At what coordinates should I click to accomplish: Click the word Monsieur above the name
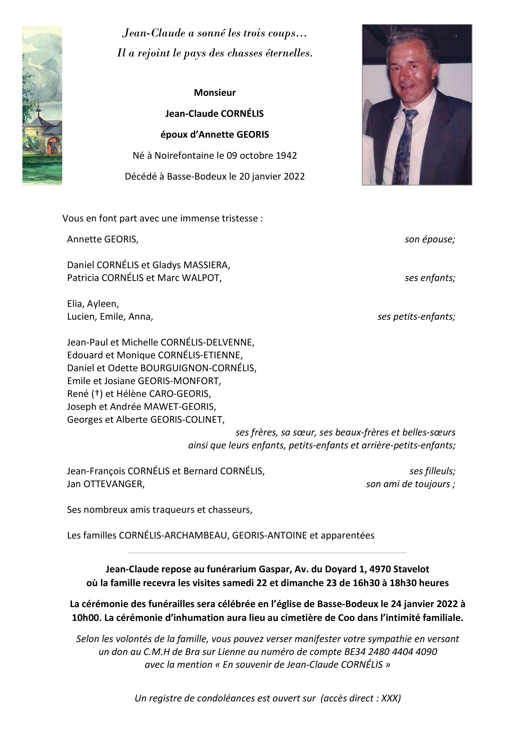215,93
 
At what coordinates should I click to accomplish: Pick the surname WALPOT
202,278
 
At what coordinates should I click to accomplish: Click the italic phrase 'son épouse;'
430,239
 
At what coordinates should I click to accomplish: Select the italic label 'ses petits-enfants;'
416,316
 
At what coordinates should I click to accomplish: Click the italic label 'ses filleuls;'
432,471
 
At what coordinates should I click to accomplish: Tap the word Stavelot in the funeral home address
411,569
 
